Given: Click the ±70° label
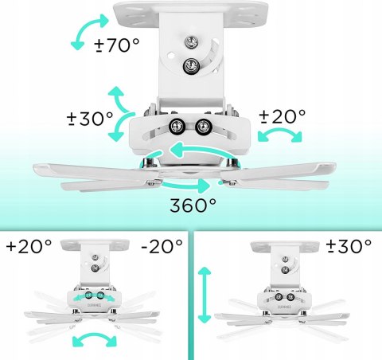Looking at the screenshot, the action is click(x=117, y=45).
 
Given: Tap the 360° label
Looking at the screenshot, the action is click(x=193, y=205).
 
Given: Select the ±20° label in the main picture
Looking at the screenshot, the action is click(x=283, y=116).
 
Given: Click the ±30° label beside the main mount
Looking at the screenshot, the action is click(x=90, y=119).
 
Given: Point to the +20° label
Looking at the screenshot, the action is click(x=29, y=246).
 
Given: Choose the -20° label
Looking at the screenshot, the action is click(x=162, y=246).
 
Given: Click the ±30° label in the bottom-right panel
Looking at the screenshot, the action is click(x=349, y=246).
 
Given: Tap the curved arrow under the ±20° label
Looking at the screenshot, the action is click(x=280, y=133).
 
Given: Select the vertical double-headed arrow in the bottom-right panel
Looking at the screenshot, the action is click(x=205, y=295).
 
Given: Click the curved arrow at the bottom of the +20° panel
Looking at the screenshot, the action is click(x=95, y=337).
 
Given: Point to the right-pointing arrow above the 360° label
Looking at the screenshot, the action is click(x=185, y=185).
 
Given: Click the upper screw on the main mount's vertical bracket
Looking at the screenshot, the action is click(x=192, y=42).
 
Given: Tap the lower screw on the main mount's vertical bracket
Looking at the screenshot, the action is click(x=191, y=65).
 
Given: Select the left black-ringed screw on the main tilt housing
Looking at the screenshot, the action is click(x=177, y=126).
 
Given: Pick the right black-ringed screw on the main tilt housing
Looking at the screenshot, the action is click(x=203, y=126).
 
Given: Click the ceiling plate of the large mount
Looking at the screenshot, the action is click(x=191, y=14).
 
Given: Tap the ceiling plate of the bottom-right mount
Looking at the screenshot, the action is click(x=285, y=246).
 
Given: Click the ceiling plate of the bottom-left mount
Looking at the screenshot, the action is click(x=95, y=245).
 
